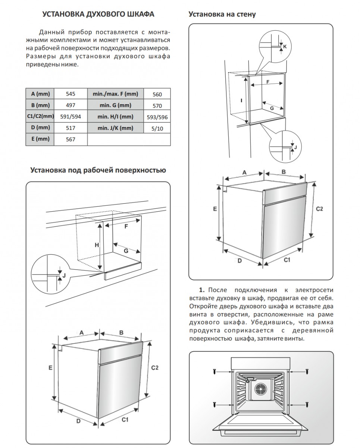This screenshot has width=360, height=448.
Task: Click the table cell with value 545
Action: pos(70,94)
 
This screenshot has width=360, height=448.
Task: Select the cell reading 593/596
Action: pos(157,117)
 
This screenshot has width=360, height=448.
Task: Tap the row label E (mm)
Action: pos(40,139)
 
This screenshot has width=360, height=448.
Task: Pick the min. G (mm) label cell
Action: pos(115,105)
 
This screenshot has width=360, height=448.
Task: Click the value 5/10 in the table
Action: pos(157,128)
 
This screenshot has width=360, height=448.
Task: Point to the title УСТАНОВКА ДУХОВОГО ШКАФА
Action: pos(98,15)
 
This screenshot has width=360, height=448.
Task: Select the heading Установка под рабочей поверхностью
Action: pos(98,170)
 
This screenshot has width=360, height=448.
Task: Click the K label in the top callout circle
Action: pos(284,47)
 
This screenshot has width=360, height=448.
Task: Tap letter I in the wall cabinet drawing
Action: pos(241,100)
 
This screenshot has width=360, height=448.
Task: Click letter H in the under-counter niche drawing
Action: pos(96,245)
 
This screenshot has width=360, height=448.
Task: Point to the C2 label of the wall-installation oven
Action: pos(319,209)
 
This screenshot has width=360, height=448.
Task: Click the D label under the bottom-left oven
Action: pos(78,421)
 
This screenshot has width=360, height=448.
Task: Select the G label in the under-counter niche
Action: pos(126,251)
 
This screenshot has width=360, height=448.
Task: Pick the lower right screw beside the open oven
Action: pos(307,404)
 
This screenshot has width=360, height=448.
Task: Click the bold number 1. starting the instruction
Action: pos(202,290)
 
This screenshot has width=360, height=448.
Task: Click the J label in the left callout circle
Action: pos(64,276)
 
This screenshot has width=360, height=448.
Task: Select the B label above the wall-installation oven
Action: pos(283,172)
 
